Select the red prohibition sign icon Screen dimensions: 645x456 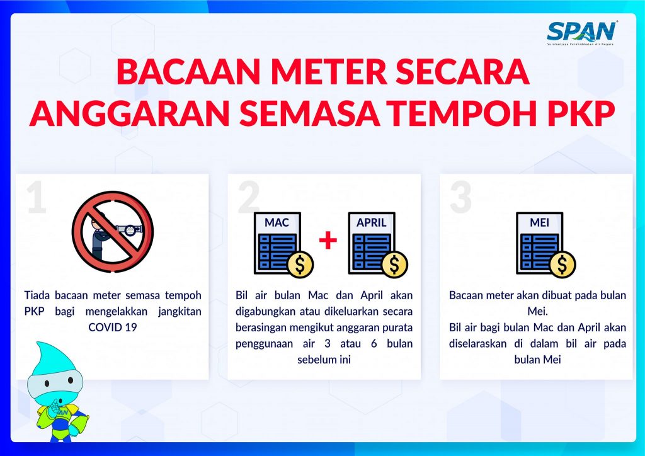(113, 232)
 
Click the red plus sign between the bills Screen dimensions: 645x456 (328, 241)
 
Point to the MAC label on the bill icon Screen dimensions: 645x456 (277, 223)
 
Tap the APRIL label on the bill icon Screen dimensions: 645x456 (372, 223)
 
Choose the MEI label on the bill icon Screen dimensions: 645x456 (539, 223)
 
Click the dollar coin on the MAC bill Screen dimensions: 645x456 (300, 265)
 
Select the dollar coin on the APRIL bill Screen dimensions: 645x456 (394, 265)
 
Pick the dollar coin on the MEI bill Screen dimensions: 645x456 (562, 265)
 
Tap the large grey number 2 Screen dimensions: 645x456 (249, 197)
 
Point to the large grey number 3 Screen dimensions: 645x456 (460, 197)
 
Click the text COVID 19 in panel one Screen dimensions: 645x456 (112, 328)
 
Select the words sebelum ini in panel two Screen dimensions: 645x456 (324, 360)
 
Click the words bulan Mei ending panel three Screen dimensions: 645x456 (538, 360)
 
